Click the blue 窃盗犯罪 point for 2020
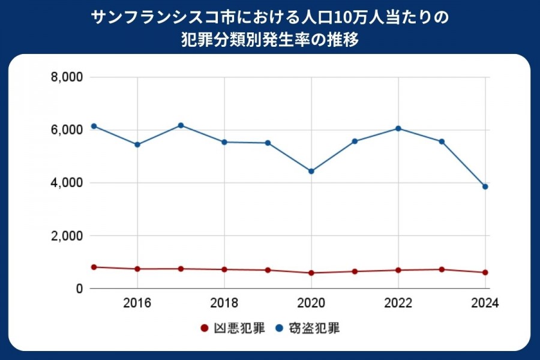(311, 171)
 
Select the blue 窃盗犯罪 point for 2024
(485, 187)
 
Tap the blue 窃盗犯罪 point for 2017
(181, 125)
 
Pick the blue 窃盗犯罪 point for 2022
(398, 128)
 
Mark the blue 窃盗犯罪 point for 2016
(137, 145)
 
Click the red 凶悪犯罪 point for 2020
(311, 273)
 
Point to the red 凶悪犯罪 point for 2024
(485, 272)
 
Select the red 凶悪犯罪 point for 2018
(224, 269)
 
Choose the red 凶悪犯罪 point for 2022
(398, 270)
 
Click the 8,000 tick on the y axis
(67, 77)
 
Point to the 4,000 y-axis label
(67, 183)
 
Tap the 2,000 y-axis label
(67, 236)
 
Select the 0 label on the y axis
(78, 289)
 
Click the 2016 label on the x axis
(137, 302)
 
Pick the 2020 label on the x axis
(311, 302)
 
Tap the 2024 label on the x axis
(485, 302)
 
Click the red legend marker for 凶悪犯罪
(204, 329)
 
